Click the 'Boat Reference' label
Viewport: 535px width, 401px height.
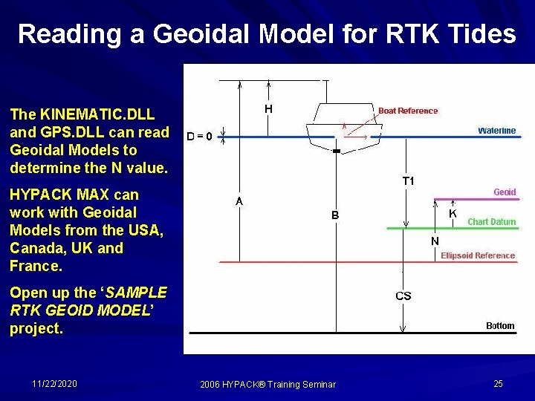click(408, 111)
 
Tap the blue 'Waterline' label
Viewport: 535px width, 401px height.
click(496, 131)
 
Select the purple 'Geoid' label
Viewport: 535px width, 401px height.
click(505, 192)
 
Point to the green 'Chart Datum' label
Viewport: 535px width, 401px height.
click(491, 221)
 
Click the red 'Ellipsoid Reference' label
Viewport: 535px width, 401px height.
click(477, 255)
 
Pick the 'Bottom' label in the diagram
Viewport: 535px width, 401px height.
click(499, 325)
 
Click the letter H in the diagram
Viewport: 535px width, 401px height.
click(268, 108)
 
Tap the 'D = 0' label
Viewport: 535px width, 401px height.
click(200, 137)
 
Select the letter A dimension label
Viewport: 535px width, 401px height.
click(240, 200)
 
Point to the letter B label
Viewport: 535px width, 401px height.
click(335, 215)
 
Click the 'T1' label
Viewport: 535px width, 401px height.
click(409, 181)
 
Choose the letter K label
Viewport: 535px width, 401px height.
click(453, 213)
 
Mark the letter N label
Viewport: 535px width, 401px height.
click(435, 241)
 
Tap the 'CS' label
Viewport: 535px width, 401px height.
click(403, 296)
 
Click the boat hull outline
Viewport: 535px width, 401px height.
click(343, 126)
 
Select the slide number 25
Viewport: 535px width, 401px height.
click(498, 383)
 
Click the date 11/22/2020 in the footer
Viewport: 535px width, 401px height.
click(55, 383)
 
